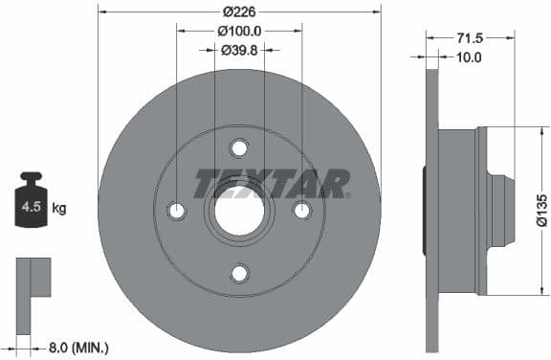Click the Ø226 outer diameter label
239,11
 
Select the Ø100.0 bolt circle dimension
239,32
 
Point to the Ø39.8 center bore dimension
239,50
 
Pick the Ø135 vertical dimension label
541,210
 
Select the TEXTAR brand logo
273,182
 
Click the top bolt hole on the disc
239,147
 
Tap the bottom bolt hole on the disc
239,274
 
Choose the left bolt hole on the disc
176,211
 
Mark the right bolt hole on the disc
302,211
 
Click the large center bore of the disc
239,211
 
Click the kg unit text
58,207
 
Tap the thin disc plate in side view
431,211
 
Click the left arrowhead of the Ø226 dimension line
102,11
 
